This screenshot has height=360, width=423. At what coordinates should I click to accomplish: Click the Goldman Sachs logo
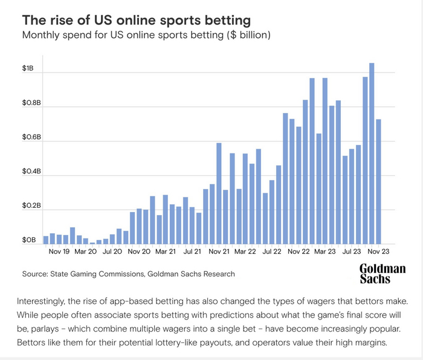(x=382, y=274)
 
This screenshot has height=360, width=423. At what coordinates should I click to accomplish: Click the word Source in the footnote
(x=35, y=274)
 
